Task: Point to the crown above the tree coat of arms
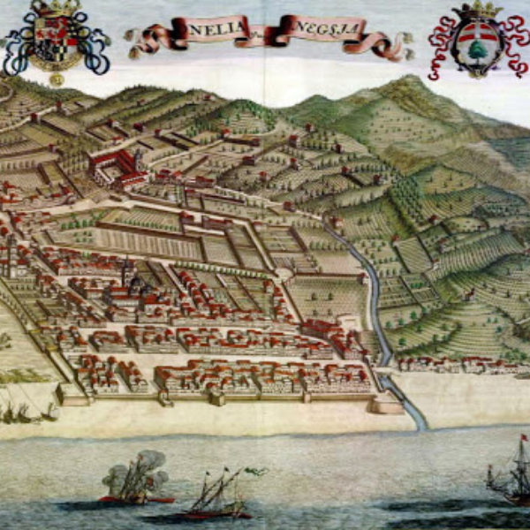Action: click(477, 11)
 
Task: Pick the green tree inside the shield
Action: click(478, 49)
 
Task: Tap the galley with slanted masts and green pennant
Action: click(216, 499)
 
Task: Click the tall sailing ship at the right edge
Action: click(511, 481)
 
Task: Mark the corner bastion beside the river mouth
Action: click(386, 405)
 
